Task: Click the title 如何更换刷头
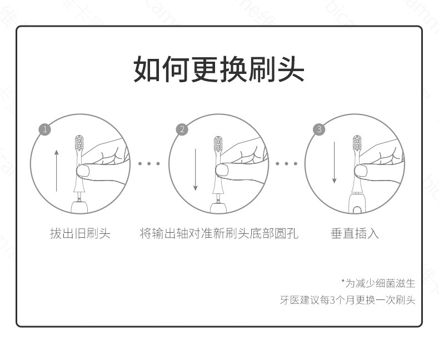click(x=218, y=69)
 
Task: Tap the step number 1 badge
click(x=45, y=129)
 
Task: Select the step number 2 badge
click(x=182, y=129)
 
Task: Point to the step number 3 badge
click(x=319, y=129)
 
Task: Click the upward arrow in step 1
click(x=57, y=171)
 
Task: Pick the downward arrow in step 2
click(x=196, y=170)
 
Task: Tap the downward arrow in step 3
click(x=334, y=163)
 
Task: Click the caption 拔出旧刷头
click(x=81, y=233)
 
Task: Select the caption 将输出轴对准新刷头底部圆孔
click(x=219, y=233)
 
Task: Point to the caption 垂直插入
click(x=355, y=233)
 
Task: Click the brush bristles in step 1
click(x=79, y=143)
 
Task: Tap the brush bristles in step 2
click(x=218, y=144)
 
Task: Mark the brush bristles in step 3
click(x=357, y=143)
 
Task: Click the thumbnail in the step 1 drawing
click(x=83, y=171)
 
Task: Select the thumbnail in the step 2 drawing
click(x=222, y=170)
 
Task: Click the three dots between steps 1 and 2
click(x=149, y=163)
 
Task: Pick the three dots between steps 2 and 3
click(x=286, y=163)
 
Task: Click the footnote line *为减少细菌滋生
click(x=378, y=283)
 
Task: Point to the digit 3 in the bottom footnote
click(x=333, y=301)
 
